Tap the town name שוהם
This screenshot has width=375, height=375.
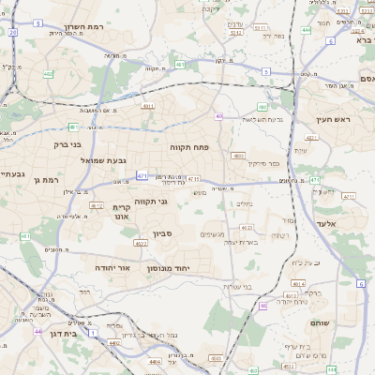tap(322, 322)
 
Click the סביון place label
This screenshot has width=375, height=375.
tap(164, 234)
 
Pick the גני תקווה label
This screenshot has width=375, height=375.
tap(150, 202)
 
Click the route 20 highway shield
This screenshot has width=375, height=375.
tap(12, 33)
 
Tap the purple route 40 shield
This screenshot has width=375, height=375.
tap(217, 116)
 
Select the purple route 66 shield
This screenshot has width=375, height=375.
tap(264, 305)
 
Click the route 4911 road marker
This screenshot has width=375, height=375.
tap(148, 107)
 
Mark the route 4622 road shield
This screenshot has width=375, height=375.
tap(141, 244)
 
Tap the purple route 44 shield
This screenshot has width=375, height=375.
tap(37, 331)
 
